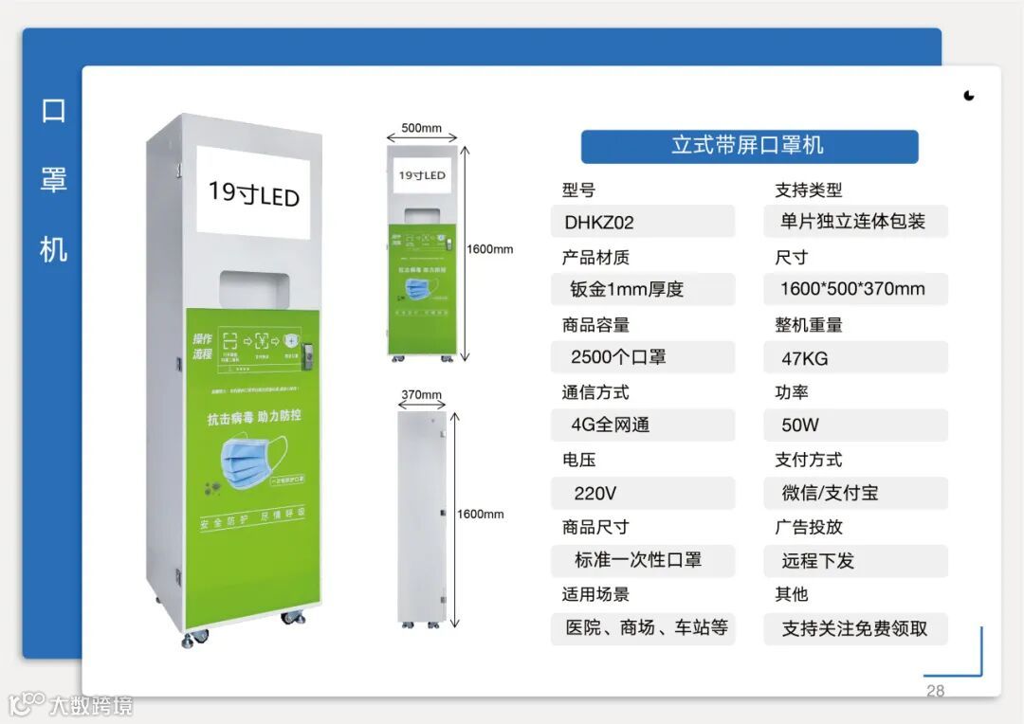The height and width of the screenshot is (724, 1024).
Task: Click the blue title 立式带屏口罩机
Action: click(749, 146)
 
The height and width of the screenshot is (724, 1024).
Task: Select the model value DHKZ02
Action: click(599, 223)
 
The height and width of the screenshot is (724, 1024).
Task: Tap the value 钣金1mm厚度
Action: click(627, 289)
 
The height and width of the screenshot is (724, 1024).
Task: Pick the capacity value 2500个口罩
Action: click(618, 356)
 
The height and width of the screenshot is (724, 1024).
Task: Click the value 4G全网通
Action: click(611, 425)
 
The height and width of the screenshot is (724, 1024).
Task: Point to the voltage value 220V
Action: click(595, 493)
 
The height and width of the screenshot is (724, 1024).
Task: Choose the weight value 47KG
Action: click(805, 357)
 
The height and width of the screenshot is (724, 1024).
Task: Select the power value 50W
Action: click(800, 425)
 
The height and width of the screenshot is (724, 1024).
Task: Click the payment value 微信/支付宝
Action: click(831, 493)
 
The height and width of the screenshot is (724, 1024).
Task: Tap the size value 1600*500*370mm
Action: click(852, 289)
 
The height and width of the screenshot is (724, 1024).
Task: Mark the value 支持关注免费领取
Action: click(854, 627)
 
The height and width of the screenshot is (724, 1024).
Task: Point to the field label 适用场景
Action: click(595, 594)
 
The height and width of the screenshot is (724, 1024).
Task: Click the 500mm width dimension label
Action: click(422, 128)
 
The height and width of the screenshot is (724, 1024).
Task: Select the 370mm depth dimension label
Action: click(422, 394)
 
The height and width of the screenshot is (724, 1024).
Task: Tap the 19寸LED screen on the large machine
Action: click(254, 192)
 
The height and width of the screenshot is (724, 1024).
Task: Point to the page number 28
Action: click(935, 691)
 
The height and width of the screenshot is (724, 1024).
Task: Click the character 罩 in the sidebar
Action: click(54, 179)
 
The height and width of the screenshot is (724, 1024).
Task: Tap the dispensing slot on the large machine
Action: click(253, 288)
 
